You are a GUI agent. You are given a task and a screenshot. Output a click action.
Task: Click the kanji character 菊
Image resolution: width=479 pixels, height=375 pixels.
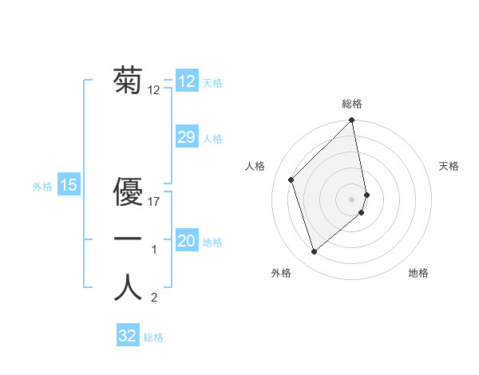click(128, 80)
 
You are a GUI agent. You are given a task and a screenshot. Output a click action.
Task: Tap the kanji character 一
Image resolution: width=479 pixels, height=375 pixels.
click(128, 239)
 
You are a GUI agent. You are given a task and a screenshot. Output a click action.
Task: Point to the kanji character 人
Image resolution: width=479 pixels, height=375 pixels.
click(128, 288)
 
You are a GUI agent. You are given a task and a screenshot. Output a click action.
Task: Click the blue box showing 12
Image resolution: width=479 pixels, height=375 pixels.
click(186, 81)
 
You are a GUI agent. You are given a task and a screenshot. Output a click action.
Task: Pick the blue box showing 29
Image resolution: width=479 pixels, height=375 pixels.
click(186, 137)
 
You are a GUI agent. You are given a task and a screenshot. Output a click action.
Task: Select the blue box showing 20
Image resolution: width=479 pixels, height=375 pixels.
click(186, 241)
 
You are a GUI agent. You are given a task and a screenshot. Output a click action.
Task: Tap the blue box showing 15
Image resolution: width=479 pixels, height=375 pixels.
click(69, 185)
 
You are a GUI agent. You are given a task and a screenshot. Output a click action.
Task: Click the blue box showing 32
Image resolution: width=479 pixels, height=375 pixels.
click(127, 336)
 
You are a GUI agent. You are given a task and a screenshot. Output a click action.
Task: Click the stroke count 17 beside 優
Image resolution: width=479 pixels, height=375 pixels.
click(155, 202)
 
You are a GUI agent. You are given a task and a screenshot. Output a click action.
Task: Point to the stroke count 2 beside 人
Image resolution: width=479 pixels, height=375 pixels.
click(155, 298)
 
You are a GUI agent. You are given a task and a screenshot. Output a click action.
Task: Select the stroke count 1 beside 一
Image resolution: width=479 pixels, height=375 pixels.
click(155, 251)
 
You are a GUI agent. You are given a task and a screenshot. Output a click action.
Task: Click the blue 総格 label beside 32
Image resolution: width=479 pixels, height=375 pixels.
click(153, 337)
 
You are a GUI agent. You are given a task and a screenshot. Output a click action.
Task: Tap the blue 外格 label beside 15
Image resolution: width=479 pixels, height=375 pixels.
click(42, 187)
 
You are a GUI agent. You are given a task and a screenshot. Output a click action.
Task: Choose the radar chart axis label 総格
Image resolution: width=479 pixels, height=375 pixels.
click(352, 104)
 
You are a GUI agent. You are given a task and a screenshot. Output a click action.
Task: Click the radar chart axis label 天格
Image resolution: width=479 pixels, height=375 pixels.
click(449, 166)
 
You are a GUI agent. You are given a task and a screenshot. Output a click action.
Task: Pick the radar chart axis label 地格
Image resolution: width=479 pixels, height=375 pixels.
click(418, 273)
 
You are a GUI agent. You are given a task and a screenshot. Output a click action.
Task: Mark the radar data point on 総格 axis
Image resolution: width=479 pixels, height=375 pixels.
click(352, 121)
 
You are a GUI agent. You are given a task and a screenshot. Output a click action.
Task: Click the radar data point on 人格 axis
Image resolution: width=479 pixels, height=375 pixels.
click(291, 180)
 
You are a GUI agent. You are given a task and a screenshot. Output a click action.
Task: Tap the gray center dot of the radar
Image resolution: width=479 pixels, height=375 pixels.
click(352, 198)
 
